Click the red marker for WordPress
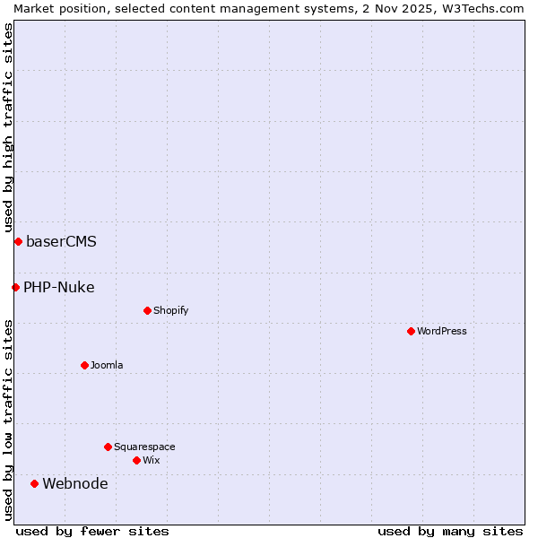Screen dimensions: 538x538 coord(411,331)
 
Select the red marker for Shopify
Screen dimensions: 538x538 coord(147,310)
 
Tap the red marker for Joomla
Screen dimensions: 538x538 coord(84,365)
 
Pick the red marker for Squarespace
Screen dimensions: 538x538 coord(108,447)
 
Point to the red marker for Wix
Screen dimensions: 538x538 coord(136,460)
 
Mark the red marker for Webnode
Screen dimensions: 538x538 coord(34,483)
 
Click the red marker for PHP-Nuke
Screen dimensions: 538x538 coord(15,287)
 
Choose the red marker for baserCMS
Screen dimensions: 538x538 coord(18,241)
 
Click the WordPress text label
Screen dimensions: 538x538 coord(442,331)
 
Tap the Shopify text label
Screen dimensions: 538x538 coord(170,310)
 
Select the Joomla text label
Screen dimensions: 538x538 coord(107,365)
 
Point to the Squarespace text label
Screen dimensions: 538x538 coord(144,447)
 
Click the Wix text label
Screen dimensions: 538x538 coord(152,460)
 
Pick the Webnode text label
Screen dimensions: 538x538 coord(75,484)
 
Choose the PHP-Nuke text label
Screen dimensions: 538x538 coord(59,288)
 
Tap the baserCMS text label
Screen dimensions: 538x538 coord(61,242)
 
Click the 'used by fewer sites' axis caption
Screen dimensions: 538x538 coord(92,531)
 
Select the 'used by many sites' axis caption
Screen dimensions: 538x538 coord(450,531)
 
